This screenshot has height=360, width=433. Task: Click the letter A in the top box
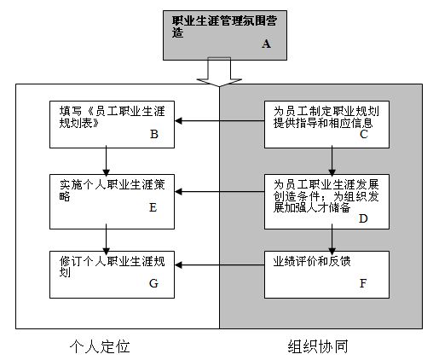(x=266, y=44)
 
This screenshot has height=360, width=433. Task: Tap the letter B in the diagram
(x=154, y=134)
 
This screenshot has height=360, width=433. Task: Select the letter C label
(x=364, y=134)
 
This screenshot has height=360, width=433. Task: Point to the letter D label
(x=363, y=218)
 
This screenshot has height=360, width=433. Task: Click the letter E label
(x=153, y=207)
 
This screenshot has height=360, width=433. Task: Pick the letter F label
(x=363, y=283)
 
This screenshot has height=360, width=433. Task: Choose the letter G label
(x=153, y=283)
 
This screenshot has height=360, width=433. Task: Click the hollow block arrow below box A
(x=219, y=72)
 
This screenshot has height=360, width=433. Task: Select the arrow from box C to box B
(x=220, y=121)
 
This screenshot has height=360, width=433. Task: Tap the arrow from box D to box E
(x=220, y=192)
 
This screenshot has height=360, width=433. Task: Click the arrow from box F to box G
(x=220, y=265)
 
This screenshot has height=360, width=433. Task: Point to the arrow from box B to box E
(x=106, y=161)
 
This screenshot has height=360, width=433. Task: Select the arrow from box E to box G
(x=106, y=239)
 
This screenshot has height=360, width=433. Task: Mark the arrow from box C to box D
(x=332, y=161)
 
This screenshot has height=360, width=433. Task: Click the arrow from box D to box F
(x=332, y=239)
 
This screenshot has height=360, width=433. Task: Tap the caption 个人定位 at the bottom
(x=100, y=346)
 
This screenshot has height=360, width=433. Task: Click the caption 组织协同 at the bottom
(x=318, y=346)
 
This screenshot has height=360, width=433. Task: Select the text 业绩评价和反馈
(x=312, y=261)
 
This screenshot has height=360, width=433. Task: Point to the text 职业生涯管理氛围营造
(x=224, y=26)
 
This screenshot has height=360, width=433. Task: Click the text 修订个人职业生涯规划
(x=112, y=266)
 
